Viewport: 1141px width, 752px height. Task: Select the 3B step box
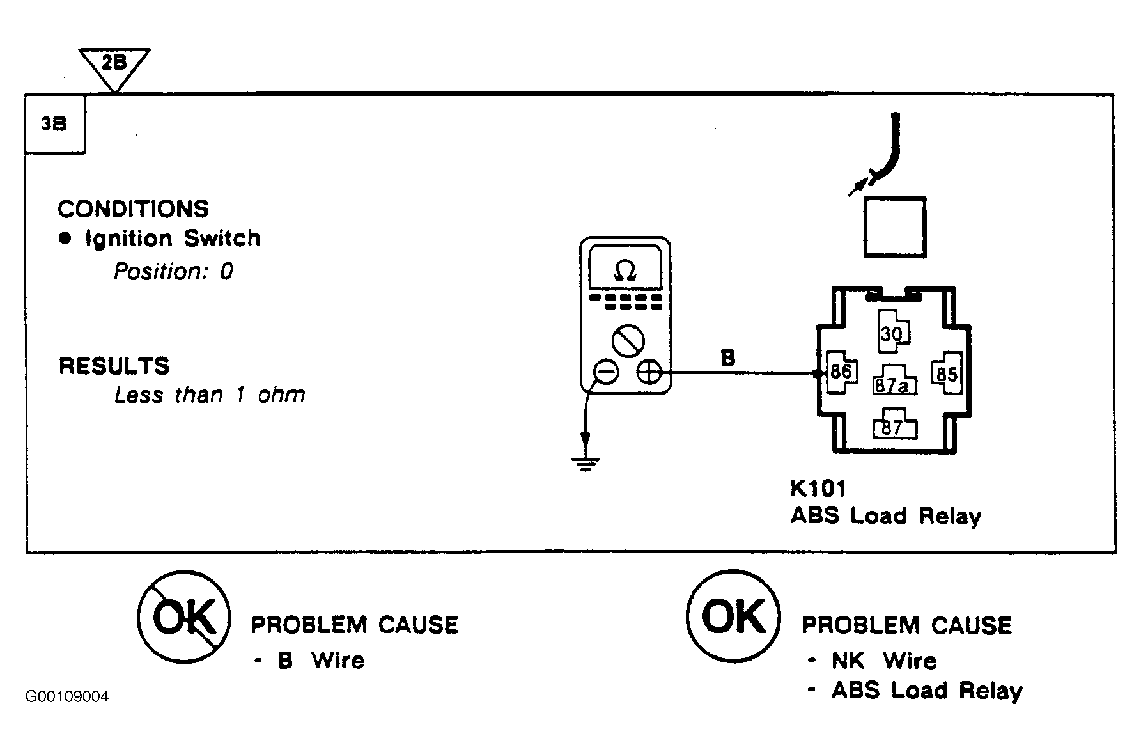[x=54, y=125]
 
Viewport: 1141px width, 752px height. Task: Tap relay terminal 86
[x=841, y=372]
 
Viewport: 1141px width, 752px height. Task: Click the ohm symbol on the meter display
[x=625, y=272]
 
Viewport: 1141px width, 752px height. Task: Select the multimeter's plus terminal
[x=649, y=372]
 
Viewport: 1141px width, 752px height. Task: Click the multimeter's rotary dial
[x=627, y=340]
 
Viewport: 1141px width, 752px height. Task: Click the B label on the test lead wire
[x=727, y=357]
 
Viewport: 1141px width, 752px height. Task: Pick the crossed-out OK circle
[x=183, y=616]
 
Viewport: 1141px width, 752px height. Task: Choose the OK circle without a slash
[x=733, y=616]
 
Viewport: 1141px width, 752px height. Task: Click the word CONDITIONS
[x=133, y=209]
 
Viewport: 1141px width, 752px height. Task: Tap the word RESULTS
[x=114, y=366]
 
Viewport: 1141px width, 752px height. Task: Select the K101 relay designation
[x=818, y=488]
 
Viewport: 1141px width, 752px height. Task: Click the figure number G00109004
[x=67, y=696]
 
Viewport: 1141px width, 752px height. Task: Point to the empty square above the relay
[x=894, y=227]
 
